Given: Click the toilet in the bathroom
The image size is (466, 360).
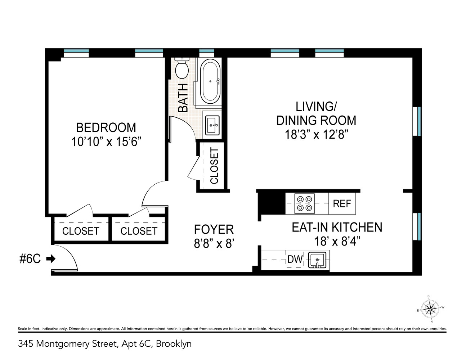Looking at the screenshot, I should click(x=182, y=68).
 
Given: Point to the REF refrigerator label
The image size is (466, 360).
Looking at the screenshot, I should click(x=341, y=203).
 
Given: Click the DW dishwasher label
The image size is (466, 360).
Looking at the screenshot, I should click(x=295, y=259).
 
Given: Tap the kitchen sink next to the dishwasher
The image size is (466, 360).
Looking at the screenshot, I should click(x=317, y=260).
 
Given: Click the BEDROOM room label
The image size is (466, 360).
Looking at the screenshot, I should click(x=106, y=127).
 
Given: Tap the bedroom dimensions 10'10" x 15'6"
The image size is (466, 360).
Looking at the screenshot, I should click(x=106, y=142).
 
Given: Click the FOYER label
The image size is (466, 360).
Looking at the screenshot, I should click(x=214, y=229).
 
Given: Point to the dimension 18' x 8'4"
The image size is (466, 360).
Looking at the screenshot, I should click(x=337, y=241).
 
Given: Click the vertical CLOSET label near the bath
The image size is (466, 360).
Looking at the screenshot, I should click(x=214, y=166).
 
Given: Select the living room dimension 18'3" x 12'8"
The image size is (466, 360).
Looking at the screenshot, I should click(x=316, y=135).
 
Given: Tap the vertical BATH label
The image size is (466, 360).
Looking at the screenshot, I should click(x=183, y=98).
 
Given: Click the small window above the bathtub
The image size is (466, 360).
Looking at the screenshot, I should click(x=207, y=53).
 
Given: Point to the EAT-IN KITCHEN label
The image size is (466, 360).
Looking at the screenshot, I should click(x=337, y=227).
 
